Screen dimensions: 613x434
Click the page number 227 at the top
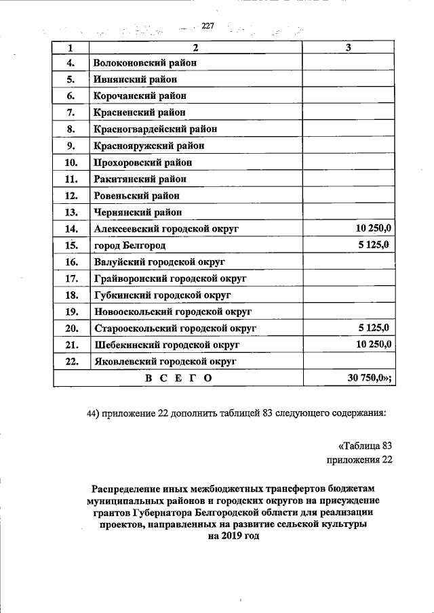207,26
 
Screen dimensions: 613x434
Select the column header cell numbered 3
348,48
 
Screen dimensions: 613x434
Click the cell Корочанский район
140,96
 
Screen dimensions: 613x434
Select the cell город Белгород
130,245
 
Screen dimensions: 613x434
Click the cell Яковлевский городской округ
165,362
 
